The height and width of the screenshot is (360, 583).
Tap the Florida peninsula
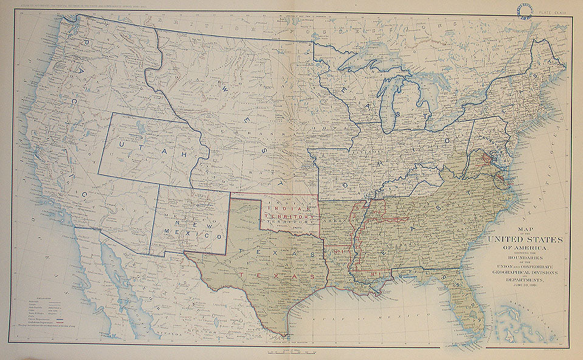[x=471, y=304]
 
